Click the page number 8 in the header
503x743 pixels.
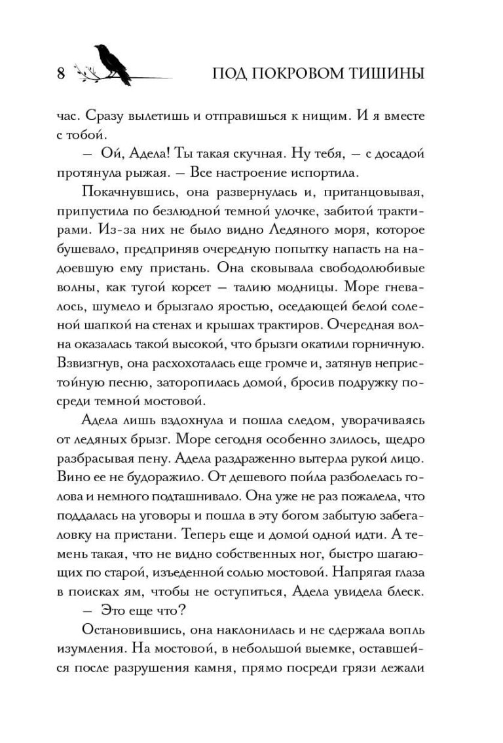point(60,73)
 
